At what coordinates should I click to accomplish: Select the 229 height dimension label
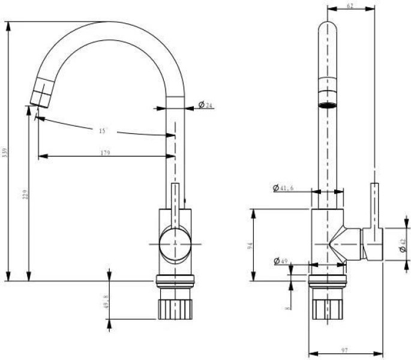25,195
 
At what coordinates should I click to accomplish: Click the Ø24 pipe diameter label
206,106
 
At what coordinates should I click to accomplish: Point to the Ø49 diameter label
281,261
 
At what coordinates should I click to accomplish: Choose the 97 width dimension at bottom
345,350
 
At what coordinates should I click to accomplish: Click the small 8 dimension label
289,308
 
